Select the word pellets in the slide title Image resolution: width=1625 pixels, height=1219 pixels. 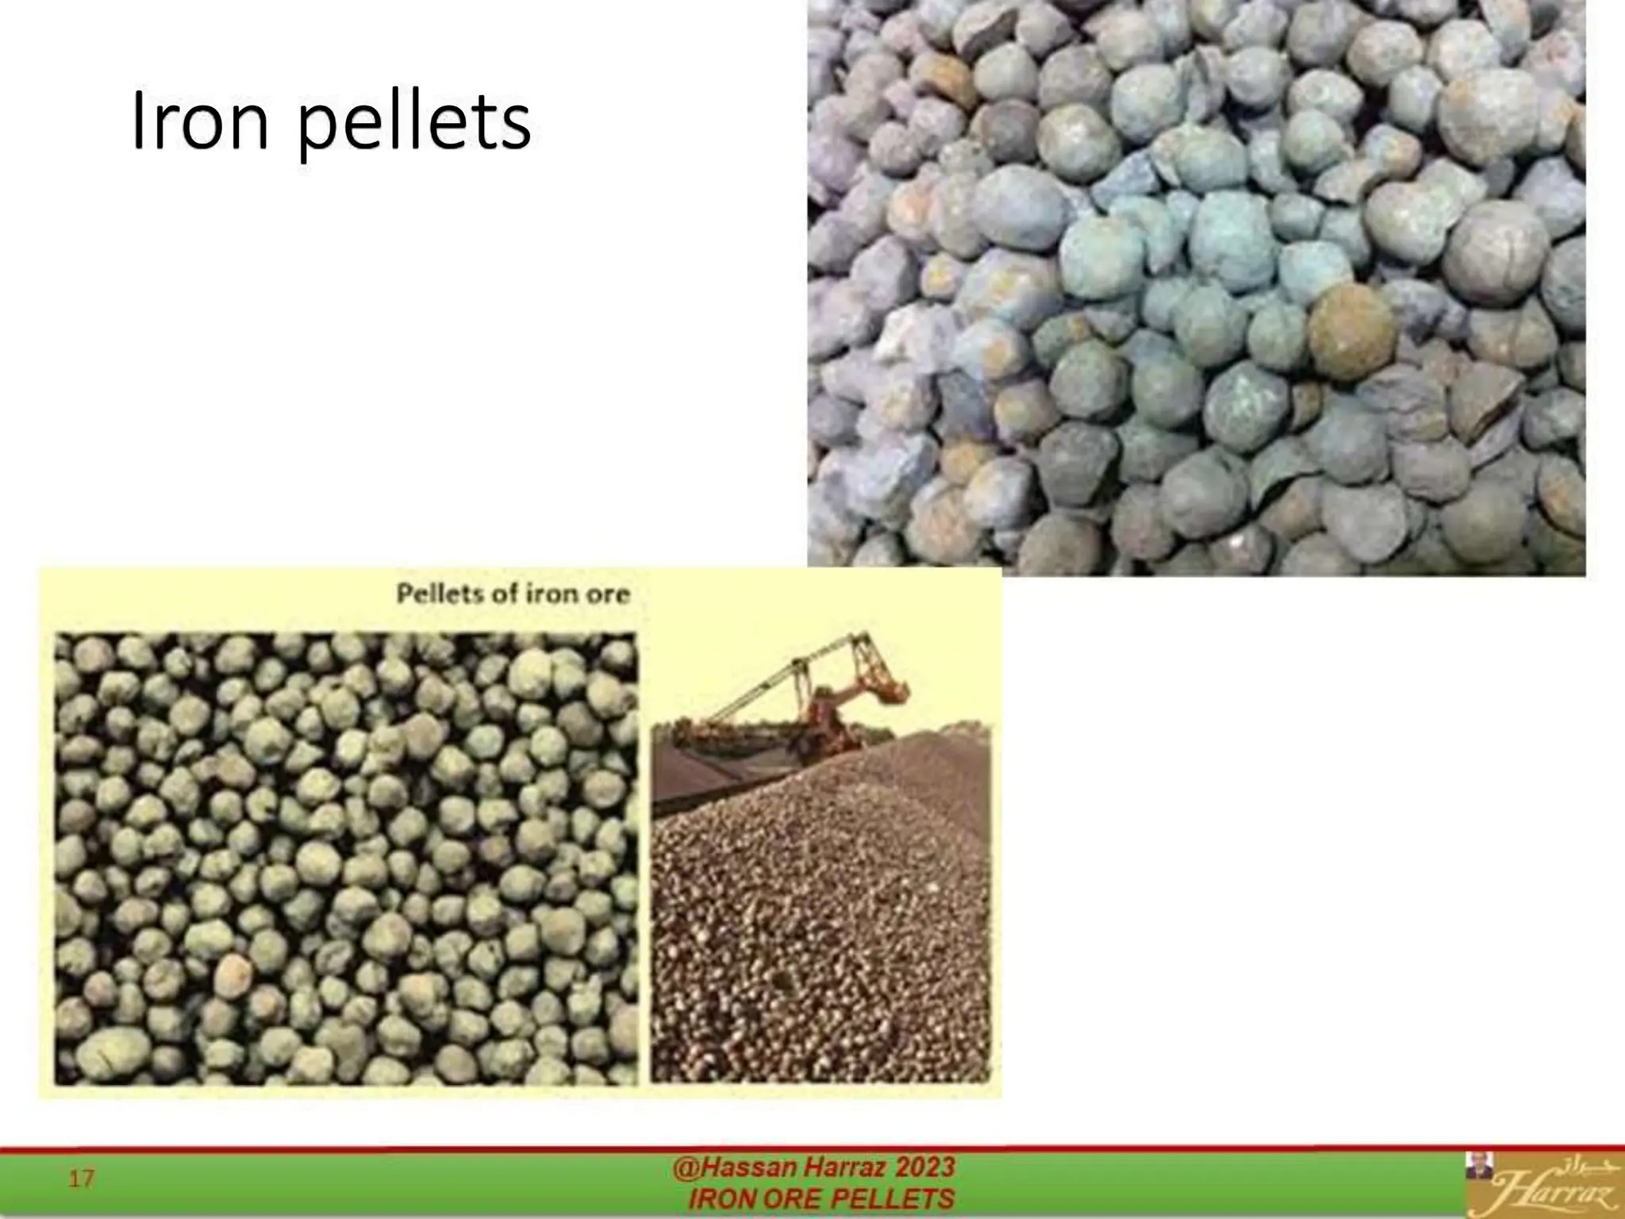(x=413, y=127)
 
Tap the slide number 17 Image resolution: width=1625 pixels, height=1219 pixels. (x=81, y=1179)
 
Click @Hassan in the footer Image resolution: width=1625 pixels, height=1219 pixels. (x=734, y=1167)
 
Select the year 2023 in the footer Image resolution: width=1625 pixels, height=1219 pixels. (x=925, y=1167)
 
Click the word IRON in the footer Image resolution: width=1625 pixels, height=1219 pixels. (x=719, y=1199)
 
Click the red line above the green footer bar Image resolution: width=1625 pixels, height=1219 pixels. (x=812, y=1148)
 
